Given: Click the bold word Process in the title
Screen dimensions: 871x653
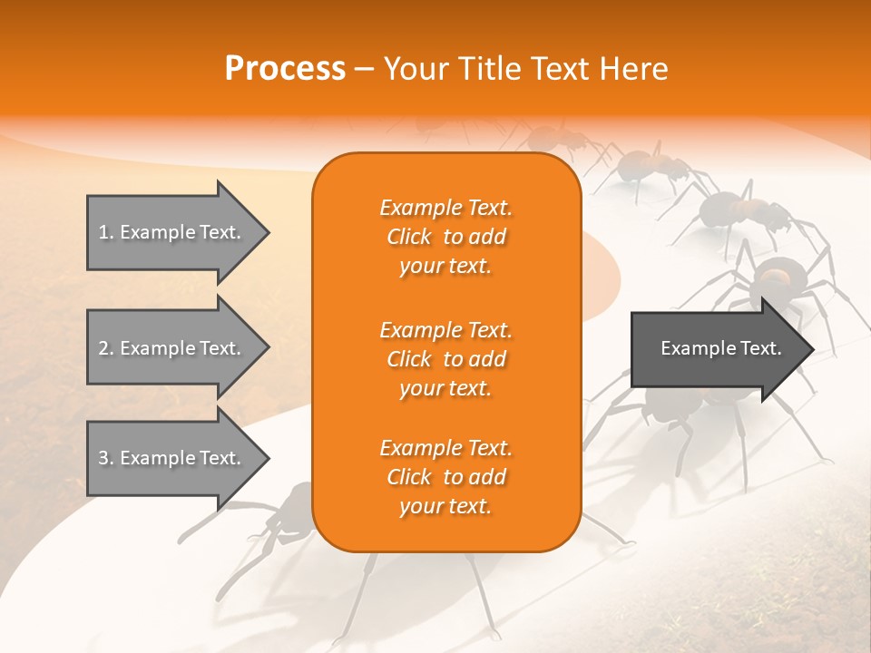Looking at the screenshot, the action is [x=285, y=69].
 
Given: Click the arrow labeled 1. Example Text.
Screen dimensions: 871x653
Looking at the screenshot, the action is [x=178, y=233].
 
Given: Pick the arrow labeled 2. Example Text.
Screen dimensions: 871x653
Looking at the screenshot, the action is [x=178, y=347].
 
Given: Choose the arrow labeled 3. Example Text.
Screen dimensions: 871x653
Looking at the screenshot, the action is [x=178, y=457].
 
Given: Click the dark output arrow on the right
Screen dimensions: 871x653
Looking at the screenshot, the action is [x=722, y=348].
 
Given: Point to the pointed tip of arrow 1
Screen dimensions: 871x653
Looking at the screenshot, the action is [x=269, y=233].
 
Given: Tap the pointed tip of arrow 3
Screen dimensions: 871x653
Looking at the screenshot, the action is [x=269, y=457].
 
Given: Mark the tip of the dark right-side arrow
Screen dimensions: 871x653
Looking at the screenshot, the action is [x=814, y=349].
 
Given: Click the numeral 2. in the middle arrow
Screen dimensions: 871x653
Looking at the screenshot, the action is [x=106, y=348].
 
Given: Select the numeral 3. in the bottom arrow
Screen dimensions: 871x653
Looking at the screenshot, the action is [x=106, y=458].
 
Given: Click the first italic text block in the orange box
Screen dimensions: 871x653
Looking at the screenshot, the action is [x=446, y=237].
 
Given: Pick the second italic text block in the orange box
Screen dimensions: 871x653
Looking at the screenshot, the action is [x=446, y=359].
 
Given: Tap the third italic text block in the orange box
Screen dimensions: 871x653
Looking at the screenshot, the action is [x=446, y=476].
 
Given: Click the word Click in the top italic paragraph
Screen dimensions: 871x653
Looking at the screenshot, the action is [x=409, y=237].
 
